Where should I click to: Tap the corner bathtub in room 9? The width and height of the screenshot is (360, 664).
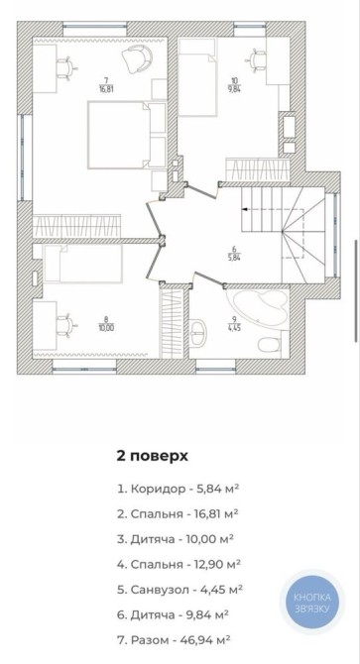click(x=259, y=308)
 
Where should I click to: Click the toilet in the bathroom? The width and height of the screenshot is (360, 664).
click(x=270, y=346)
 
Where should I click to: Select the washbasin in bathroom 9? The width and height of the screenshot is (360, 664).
click(x=198, y=332)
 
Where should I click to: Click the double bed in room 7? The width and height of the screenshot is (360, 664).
click(x=119, y=135)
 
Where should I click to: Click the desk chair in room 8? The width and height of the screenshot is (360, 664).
click(x=66, y=324)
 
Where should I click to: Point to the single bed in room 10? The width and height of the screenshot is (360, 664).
click(x=197, y=77)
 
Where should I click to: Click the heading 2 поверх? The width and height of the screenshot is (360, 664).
click(x=152, y=457)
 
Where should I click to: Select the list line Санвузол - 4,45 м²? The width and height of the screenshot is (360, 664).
click(x=180, y=589)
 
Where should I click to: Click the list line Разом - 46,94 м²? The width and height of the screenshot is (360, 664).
click(x=175, y=639)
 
